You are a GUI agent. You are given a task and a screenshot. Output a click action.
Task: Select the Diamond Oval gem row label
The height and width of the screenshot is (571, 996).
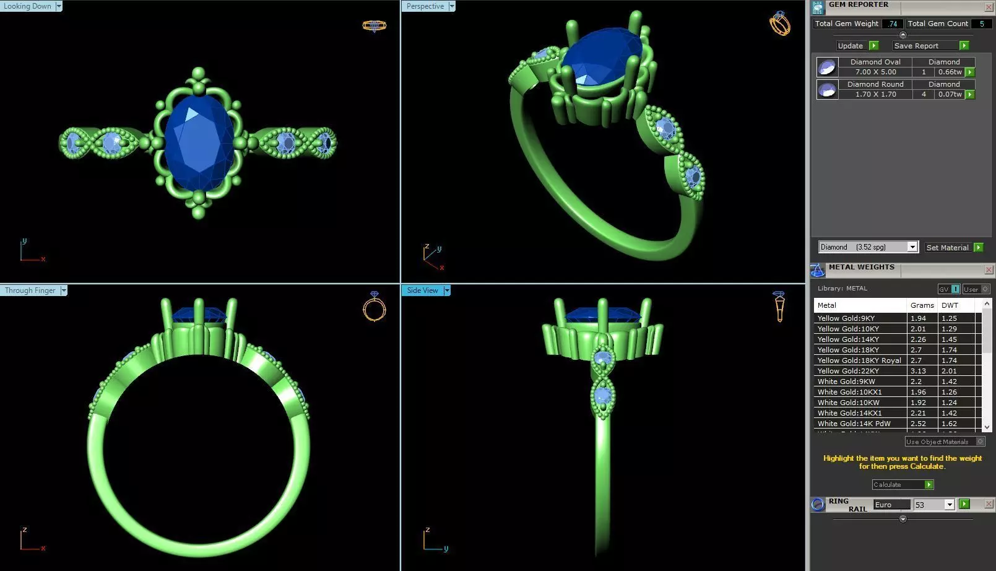(x=875, y=62)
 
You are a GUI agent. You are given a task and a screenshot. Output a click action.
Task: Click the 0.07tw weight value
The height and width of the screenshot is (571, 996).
(x=950, y=95)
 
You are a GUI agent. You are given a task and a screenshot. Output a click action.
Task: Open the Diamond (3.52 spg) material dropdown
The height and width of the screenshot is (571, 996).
(x=912, y=247)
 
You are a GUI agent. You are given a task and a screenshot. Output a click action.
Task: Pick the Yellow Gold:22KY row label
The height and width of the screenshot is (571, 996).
(x=848, y=371)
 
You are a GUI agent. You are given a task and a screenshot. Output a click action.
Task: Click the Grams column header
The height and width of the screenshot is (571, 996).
(x=922, y=305)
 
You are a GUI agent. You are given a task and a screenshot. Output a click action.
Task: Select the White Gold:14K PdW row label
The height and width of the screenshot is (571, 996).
(x=854, y=424)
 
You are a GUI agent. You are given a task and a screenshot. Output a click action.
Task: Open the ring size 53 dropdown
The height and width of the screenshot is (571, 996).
(x=949, y=505)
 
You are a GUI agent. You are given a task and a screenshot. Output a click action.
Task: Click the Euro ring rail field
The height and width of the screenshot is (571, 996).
(x=891, y=505)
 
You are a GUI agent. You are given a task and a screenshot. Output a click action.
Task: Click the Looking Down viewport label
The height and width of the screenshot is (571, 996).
(x=28, y=6)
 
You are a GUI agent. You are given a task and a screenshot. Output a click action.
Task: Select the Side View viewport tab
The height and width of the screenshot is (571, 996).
(x=423, y=290)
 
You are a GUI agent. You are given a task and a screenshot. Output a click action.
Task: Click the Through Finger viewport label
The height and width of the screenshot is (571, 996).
(x=30, y=290)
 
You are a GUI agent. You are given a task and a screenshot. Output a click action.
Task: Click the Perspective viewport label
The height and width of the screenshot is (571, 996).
(x=425, y=6)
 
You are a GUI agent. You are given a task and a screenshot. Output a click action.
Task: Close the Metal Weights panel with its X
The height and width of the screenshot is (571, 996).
(x=989, y=269)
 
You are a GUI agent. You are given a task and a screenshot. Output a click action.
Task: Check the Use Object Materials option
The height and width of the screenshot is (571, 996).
(x=981, y=442)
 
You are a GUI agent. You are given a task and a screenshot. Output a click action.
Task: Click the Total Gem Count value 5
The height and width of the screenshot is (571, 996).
(x=981, y=24)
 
